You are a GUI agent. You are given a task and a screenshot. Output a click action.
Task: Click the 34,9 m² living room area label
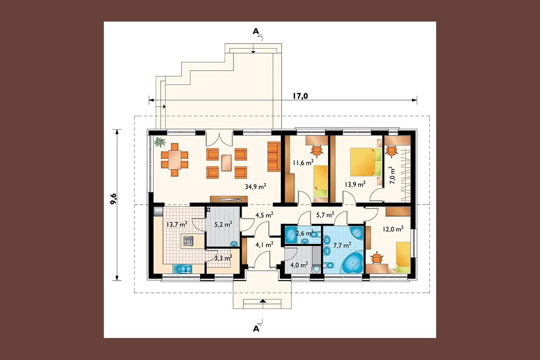pos(255,186)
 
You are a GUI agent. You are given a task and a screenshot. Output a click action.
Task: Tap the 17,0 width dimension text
pos(300,96)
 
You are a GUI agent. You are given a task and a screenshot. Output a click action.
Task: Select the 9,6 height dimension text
pos(113,198)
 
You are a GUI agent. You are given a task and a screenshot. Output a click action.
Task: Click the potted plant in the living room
pos(160,142)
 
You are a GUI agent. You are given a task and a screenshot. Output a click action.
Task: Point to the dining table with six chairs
pos(174,160)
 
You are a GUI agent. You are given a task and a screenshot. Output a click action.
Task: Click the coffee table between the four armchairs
pos(227,163)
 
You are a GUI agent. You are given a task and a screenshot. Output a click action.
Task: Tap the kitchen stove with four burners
pos(189,241)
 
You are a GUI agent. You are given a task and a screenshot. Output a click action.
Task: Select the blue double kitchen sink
pos(182,269)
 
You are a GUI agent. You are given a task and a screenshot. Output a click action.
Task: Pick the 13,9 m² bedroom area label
pos(355,184)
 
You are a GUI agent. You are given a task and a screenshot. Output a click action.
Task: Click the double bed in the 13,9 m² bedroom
pos(366,162)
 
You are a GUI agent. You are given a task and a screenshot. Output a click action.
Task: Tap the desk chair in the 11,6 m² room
pos(317,151)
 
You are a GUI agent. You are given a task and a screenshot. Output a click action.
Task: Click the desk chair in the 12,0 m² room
pos(376,258)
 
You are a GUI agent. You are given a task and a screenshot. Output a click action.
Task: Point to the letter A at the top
pos(255,31)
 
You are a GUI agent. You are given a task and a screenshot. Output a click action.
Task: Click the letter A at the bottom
pos(256,328)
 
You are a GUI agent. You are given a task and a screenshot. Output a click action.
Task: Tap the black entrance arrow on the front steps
pos(263,301)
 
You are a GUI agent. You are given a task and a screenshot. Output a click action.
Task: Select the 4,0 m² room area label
pos(299,265)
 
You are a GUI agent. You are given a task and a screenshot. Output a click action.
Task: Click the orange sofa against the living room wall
pos(274,157)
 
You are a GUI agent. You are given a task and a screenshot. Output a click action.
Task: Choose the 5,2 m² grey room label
pos(223,224)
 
